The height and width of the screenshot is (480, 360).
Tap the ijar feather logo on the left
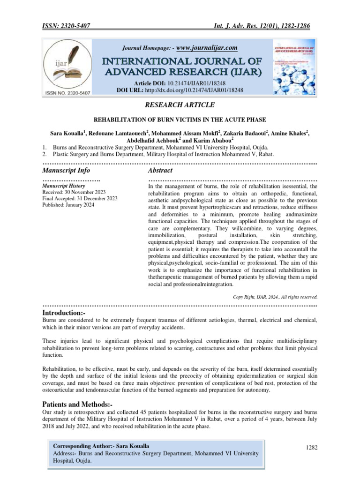click(x=68, y=67)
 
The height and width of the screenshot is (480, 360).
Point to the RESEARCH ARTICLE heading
click(x=180, y=105)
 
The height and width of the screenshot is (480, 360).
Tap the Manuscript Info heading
click(x=66, y=170)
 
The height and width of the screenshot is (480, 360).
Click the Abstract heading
click(x=160, y=170)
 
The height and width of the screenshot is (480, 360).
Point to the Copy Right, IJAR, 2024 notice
click(x=275, y=297)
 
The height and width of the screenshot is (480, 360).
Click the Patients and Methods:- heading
click(x=77, y=404)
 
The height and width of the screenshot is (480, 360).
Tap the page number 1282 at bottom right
click(x=311, y=448)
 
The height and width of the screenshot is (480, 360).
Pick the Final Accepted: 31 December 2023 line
click(x=80, y=199)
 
